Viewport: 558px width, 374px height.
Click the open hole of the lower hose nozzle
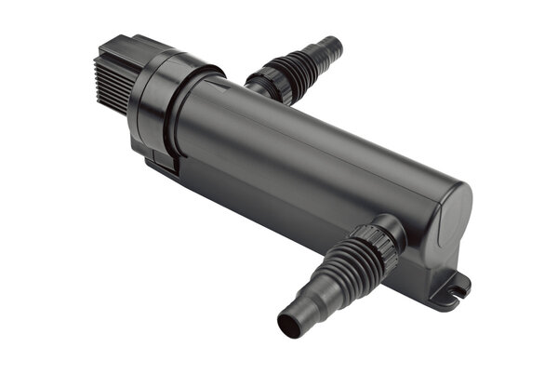pyautogui.click(x=288, y=326)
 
